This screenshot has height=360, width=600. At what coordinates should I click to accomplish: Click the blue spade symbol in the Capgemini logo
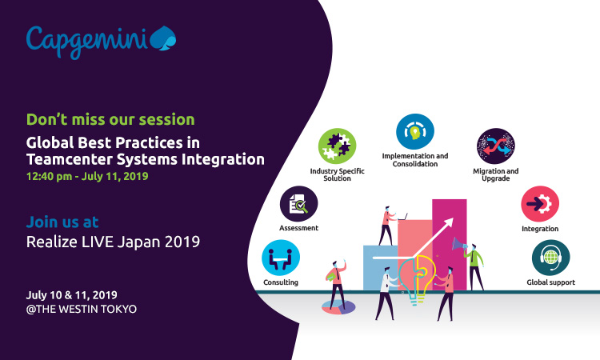(163, 38)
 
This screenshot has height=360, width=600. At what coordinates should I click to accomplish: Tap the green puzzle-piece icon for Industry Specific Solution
(337, 146)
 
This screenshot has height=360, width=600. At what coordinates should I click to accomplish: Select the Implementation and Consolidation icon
(415, 132)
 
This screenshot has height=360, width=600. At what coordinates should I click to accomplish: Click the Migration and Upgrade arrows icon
(496, 146)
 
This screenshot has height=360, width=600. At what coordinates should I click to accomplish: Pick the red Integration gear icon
(540, 204)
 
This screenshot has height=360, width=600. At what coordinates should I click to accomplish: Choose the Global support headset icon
(550, 258)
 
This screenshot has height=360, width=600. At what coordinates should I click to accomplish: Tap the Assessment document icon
(299, 204)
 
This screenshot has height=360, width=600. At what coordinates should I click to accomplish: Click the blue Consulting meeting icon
(281, 258)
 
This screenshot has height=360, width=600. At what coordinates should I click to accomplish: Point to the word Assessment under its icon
(299, 228)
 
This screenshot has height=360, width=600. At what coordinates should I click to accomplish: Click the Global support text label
(550, 282)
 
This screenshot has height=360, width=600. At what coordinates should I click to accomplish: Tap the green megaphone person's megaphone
(459, 244)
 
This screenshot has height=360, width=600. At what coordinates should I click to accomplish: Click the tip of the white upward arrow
(453, 218)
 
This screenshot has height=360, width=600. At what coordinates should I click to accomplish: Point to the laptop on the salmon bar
(402, 218)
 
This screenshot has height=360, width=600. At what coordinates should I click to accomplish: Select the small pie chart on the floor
(338, 307)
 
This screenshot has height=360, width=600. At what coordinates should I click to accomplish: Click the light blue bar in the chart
(380, 267)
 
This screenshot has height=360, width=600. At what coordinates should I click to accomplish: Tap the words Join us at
(62, 222)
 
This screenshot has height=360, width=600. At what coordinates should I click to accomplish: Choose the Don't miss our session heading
(110, 119)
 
